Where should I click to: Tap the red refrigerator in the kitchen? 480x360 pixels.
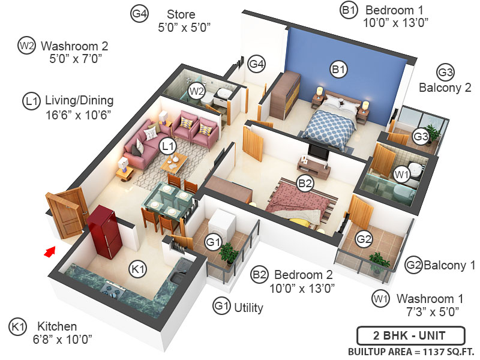[105, 232]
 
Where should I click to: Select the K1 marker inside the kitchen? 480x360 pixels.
[138, 270]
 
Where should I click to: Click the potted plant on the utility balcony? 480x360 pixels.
[227, 253]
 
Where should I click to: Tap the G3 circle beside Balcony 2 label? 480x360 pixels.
[445, 73]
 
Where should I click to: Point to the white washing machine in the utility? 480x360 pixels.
[221, 222]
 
